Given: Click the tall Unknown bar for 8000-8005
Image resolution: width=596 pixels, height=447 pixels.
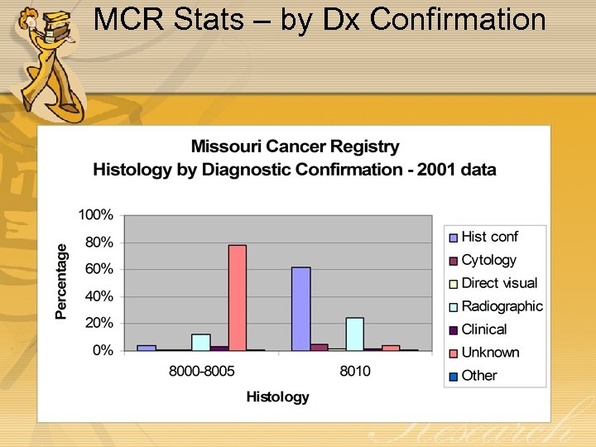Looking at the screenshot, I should coord(238,298).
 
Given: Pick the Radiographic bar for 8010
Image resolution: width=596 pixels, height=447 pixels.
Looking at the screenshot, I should coord(355,334).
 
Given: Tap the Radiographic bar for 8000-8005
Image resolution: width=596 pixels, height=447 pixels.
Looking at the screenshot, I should coord(200,342).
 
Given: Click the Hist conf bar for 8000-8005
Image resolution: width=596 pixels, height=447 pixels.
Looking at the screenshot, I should coord(147,348).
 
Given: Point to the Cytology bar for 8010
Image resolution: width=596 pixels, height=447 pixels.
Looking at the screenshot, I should coord(319,347).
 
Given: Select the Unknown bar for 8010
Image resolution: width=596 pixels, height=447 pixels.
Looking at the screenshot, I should coord(391,348).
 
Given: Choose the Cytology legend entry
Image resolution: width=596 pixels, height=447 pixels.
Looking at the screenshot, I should coord(488,260).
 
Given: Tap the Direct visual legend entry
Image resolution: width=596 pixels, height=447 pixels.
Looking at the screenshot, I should coord(498,283).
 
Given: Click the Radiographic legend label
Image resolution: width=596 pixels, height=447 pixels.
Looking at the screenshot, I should coord(502,306).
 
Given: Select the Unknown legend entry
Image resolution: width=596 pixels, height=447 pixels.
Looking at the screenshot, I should coord(490,353).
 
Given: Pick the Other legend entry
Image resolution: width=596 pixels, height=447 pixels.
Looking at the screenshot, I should coord(478,375).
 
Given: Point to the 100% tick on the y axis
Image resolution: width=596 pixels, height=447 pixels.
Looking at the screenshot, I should coord(96,215).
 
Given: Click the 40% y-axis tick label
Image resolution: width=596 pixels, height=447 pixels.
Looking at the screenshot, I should coord(99,296).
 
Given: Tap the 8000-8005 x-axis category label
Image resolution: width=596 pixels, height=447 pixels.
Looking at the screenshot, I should coord(201,371).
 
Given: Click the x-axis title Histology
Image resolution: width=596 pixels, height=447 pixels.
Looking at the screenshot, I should coord(277,397).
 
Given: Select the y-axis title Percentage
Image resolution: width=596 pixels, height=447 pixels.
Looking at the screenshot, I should coord(61,281).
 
